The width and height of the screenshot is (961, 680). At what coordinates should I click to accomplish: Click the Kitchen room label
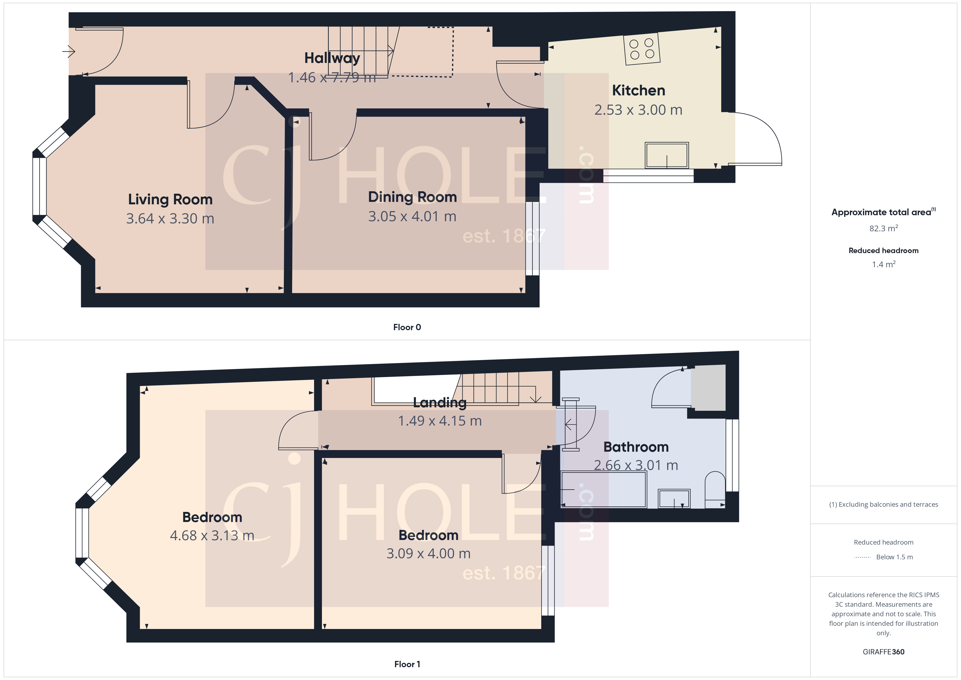[x=638, y=90]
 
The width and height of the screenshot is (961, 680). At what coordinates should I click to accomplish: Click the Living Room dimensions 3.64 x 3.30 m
[x=170, y=218]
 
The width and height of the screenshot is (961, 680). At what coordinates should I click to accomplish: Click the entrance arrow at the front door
[x=68, y=51]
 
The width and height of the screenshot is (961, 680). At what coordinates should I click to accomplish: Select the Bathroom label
[x=636, y=447]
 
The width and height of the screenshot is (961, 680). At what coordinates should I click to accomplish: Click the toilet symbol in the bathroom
[x=715, y=490]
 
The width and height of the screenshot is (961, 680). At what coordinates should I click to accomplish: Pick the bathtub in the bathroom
[x=603, y=489]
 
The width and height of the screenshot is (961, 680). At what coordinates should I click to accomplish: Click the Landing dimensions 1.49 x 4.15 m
[x=439, y=421]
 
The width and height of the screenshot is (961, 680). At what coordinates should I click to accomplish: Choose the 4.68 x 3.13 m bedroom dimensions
[x=212, y=536]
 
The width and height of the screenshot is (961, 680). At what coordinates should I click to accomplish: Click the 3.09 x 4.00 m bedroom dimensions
[x=428, y=554]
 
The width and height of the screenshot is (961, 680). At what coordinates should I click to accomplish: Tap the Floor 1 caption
[x=407, y=664]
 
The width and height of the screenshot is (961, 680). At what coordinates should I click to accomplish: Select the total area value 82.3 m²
[x=883, y=229]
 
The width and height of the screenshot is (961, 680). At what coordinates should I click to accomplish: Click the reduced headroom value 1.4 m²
[x=883, y=265]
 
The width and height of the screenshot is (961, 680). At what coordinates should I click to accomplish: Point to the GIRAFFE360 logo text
[x=883, y=652]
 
